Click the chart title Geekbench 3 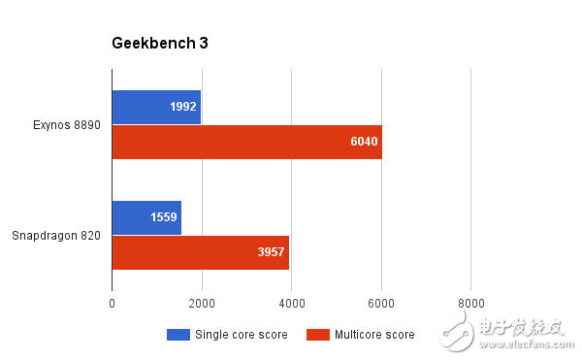click(160, 43)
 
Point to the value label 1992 click(182, 107)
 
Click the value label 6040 click(363, 142)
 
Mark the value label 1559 click(163, 217)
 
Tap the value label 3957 click(271, 252)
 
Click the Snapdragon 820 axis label click(56, 235)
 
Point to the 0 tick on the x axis click(113, 304)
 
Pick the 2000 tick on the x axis click(202, 304)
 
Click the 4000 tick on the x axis click(292, 304)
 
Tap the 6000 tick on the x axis click(381, 304)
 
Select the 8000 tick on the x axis click(471, 304)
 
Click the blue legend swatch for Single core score click(178, 335)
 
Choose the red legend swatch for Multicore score click(318, 335)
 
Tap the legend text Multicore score click(374, 335)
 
